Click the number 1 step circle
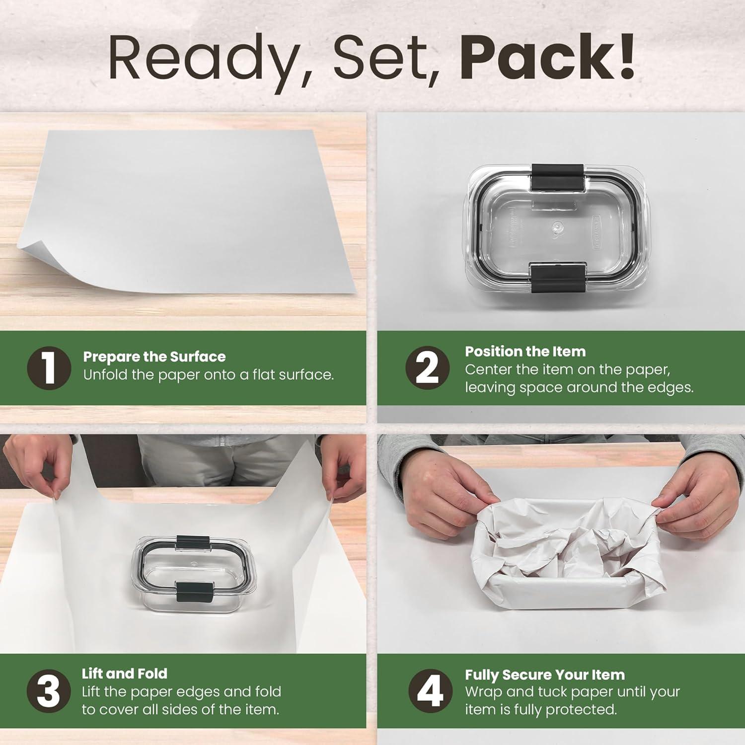coord(49,368)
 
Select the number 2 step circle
coord(427,368)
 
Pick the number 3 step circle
coord(49,691)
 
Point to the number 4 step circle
coord(430,691)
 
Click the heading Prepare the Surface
coord(154,357)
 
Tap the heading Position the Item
coord(525,352)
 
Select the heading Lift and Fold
coord(125,673)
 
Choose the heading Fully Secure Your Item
coord(545,675)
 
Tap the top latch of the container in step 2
coord(557,177)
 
